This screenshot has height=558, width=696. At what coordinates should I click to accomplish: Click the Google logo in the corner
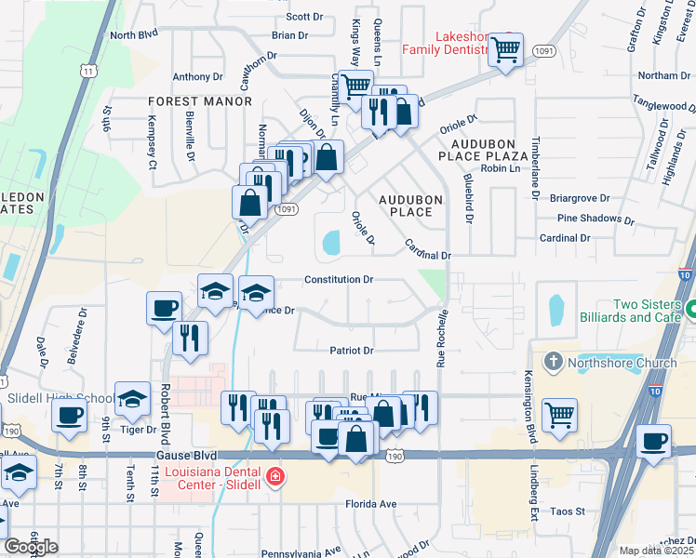coord(31,547)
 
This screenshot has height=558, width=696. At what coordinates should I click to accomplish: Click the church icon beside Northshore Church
coord(553,362)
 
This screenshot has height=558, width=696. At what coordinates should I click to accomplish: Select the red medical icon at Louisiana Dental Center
coord(274,478)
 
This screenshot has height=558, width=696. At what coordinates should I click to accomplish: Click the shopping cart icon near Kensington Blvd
coord(559,414)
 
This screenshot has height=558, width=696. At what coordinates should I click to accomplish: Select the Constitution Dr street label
coord(340,279)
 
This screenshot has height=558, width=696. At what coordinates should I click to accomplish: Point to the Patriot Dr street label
coord(351,351)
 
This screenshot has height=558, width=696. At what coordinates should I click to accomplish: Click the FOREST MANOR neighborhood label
coord(200,100)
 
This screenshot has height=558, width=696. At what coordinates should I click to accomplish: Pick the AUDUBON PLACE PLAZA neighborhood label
coord(490,152)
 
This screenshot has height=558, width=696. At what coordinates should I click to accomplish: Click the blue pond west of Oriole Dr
coord(330,244)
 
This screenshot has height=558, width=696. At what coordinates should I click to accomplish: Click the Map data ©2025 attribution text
coord(657,551)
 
